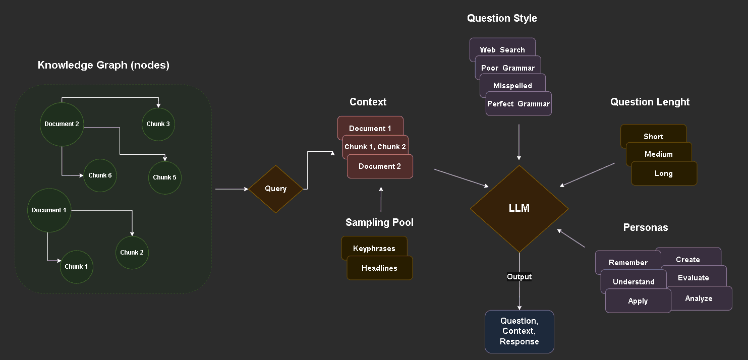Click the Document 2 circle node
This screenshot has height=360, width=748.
[x=62, y=124]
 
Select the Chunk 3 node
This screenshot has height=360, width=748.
[x=158, y=124]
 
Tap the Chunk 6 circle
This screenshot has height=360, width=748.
[x=100, y=175]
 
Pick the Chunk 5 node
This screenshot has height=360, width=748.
[x=165, y=177]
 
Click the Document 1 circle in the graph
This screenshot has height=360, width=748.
[x=49, y=210]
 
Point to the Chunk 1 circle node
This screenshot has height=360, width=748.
[x=77, y=267]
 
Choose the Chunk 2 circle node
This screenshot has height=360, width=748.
[x=132, y=253]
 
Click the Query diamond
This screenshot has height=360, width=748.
[x=275, y=189]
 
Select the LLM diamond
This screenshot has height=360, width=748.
[x=519, y=209]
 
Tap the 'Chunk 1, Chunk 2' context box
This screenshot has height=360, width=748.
[x=375, y=147]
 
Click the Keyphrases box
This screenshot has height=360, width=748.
[x=374, y=248]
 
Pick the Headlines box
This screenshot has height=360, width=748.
[x=379, y=268]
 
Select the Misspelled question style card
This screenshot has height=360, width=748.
[x=512, y=86]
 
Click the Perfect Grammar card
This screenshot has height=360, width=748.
[x=519, y=104]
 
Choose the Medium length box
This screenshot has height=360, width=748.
[x=659, y=154]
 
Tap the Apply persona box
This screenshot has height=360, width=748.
[x=638, y=301]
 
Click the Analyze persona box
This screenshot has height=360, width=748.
[x=699, y=298]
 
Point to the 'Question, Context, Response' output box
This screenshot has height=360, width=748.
[x=520, y=331]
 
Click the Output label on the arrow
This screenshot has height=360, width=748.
[x=520, y=277]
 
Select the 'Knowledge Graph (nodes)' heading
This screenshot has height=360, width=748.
[x=103, y=65]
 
